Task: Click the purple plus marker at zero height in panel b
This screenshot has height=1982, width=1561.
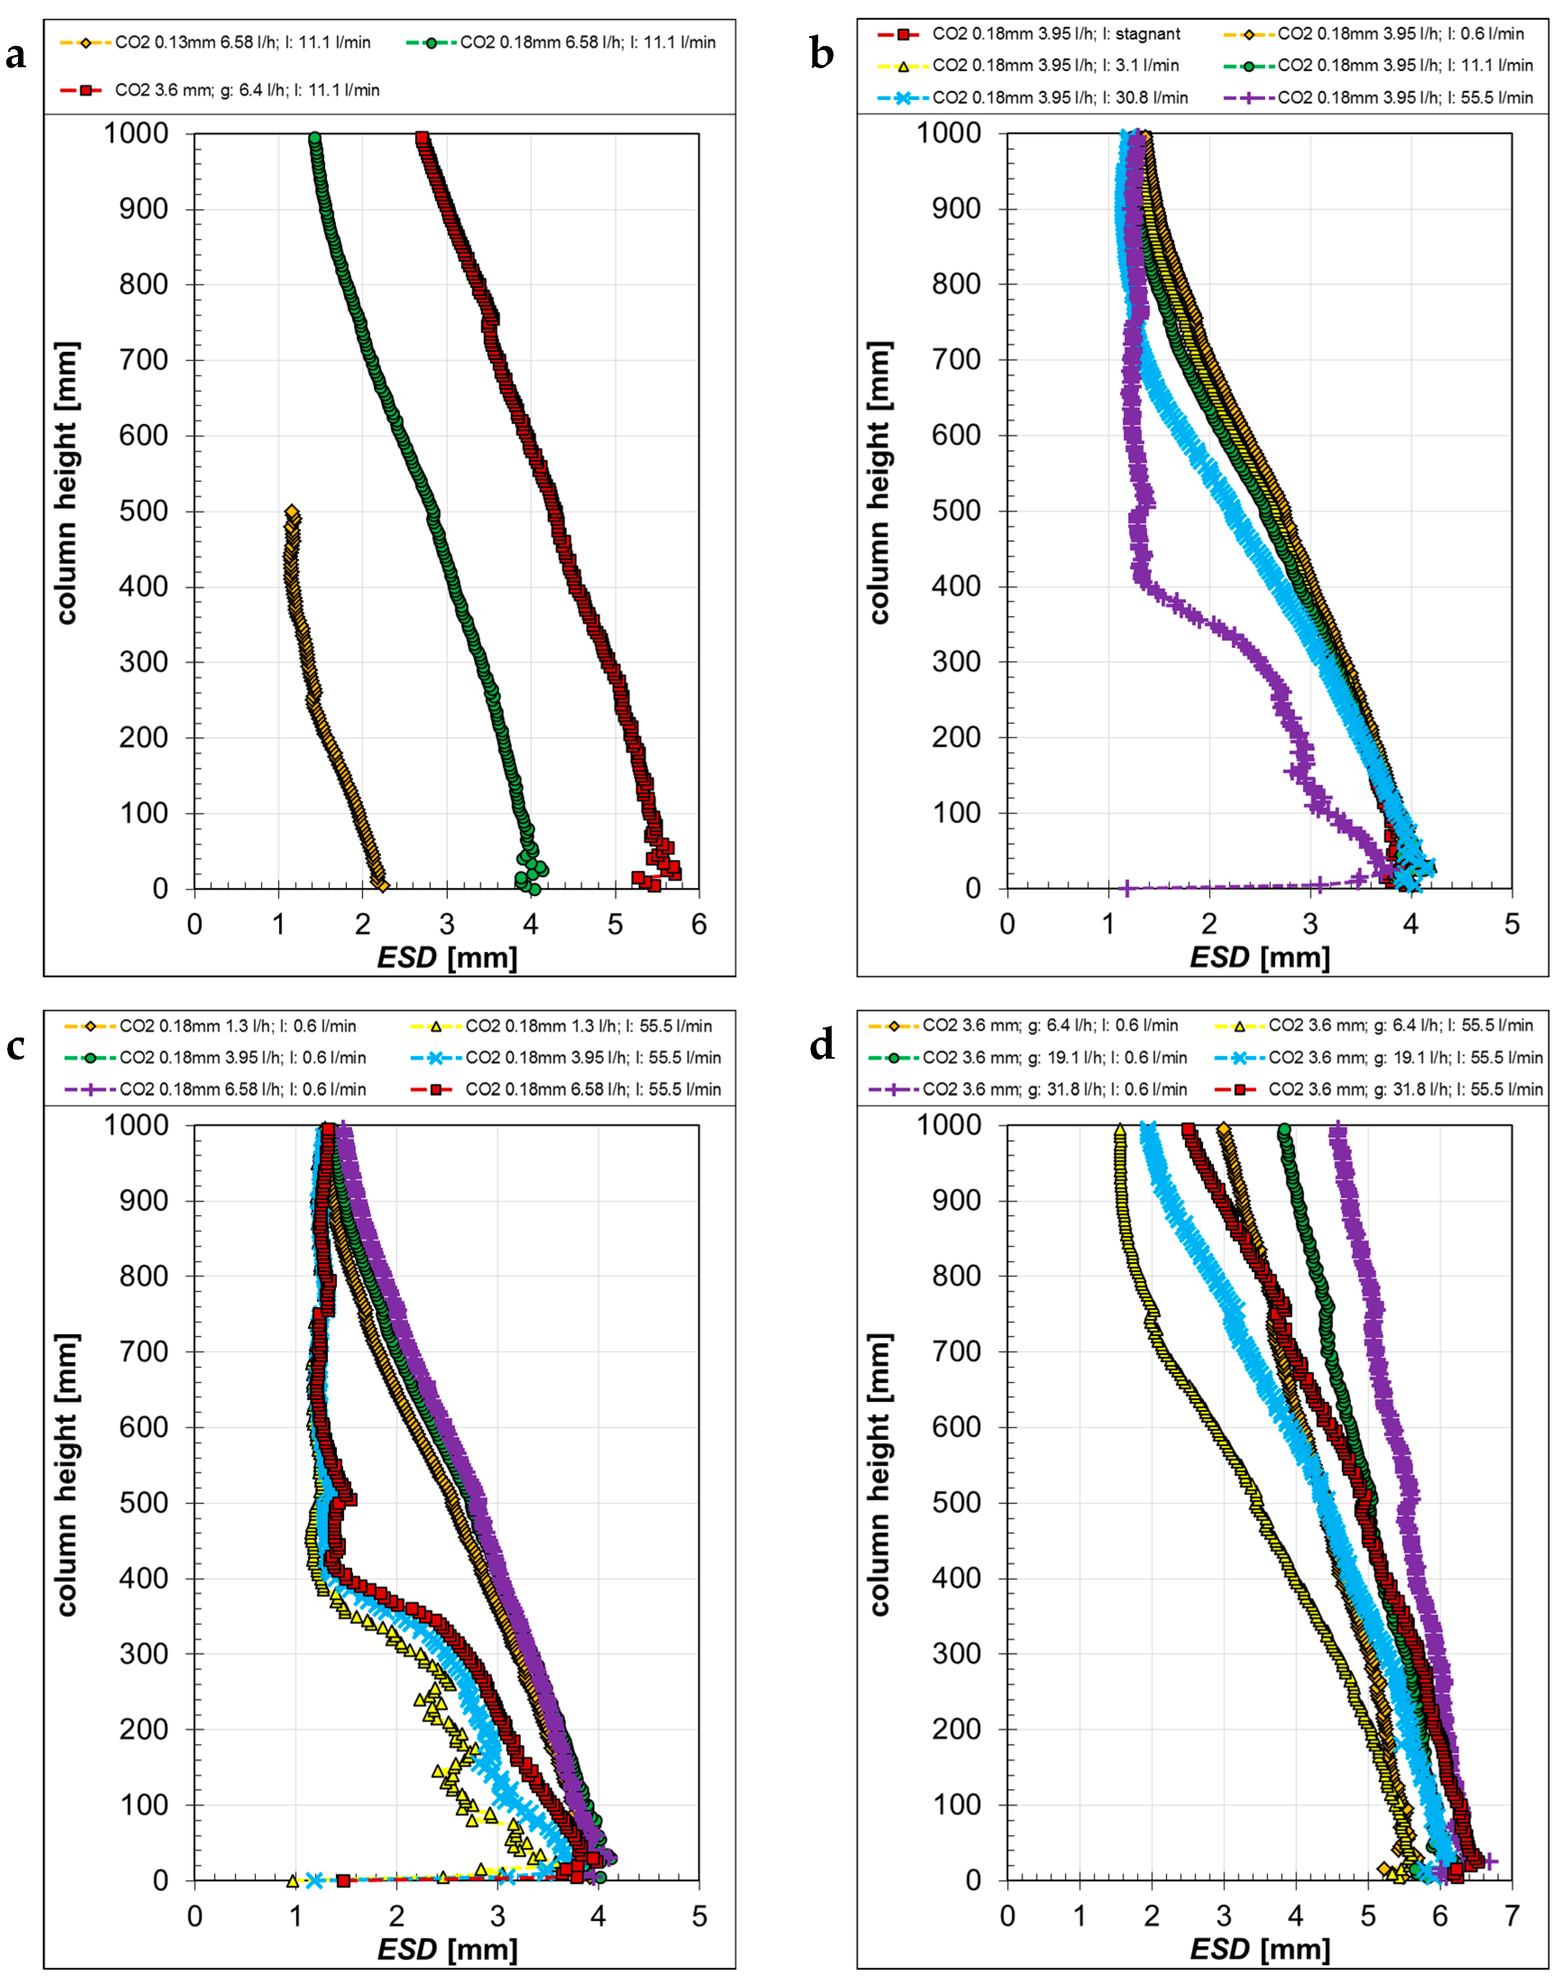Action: click(x=1127, y=888)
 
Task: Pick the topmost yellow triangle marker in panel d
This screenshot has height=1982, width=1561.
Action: click(x=1119, y=1130)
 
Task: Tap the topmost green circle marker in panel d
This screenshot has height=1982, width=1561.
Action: click(x=1284, y=1130)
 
